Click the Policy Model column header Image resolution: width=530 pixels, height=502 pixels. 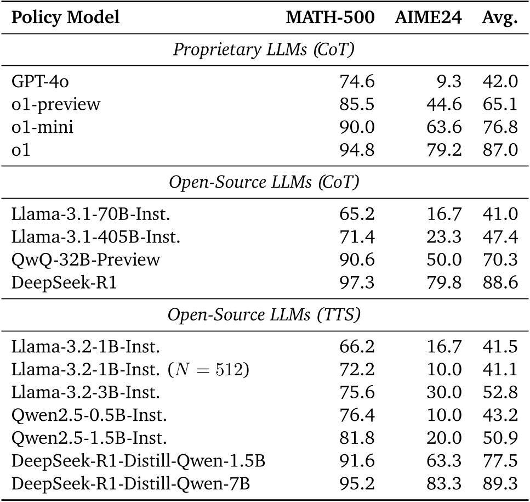pos(65,18)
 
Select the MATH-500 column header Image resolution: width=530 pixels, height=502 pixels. pos(330,18)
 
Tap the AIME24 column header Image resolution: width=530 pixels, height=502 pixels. pos(428,18)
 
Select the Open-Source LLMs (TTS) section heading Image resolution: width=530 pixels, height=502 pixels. pos(265,317)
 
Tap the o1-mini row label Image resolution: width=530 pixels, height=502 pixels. pos(42,127)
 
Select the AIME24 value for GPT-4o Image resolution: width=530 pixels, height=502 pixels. pos(450,82)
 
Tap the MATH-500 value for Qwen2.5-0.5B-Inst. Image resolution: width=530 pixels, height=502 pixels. pos(357,415)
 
